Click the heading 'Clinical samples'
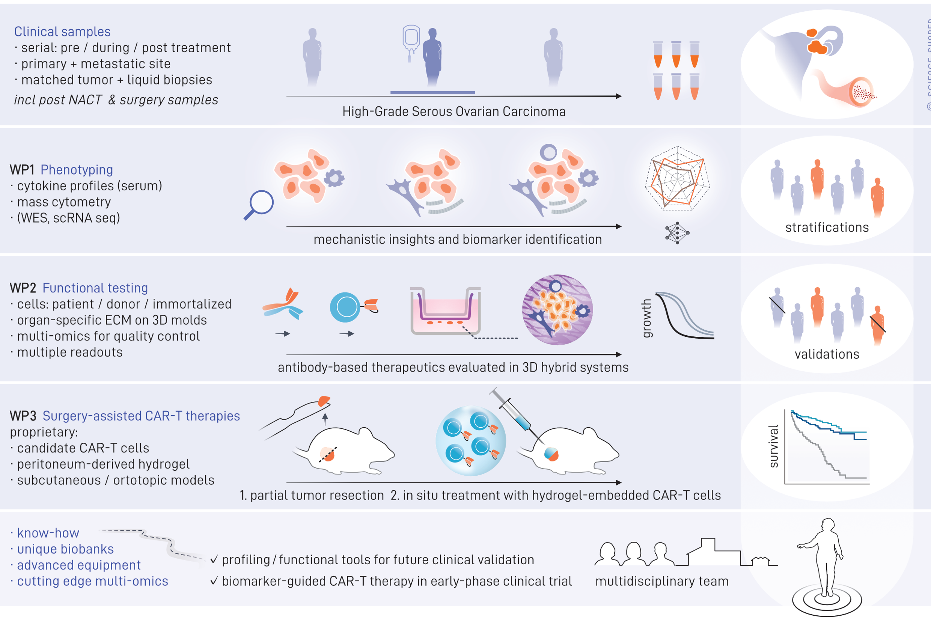point(62,32)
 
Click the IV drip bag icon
point(411,39)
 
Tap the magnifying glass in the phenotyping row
point(259,204)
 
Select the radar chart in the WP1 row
point(677,179)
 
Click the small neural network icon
point(677,232)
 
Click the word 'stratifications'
point(827,228)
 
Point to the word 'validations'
point(827,354)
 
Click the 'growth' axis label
point(647,318)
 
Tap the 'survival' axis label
point(773,446)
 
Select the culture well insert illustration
point(446,311)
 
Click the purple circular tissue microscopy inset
point(557,310)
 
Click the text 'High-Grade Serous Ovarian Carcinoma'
point(454,112)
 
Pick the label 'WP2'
point(23,288)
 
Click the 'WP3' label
point(23,416)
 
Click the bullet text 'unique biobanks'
point(65,549)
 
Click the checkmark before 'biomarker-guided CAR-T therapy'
point(214,580)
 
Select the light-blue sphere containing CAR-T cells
point(470,441)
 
